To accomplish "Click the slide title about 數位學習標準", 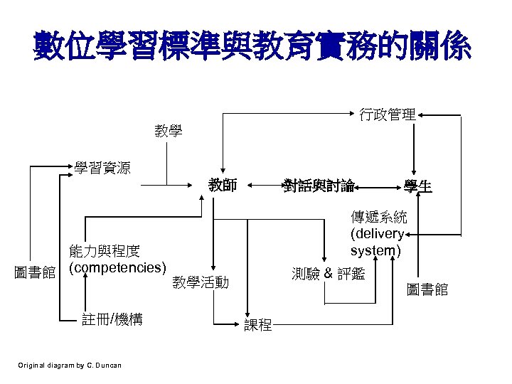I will tap(252, 47).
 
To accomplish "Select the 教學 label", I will tap(169, 131).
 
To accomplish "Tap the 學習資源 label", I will tap(102, 168).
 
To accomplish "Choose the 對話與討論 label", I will tap(319, 186).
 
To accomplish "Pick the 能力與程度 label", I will tap(104, 251).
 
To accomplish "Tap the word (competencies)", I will tap(117, 268).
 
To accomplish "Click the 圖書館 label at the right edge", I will tap(427, 289).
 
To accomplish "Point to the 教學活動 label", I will tap(201, 283).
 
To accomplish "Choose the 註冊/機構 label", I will tap(112, 320).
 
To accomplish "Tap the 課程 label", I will tap(257, 326).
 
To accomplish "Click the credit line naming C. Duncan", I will tap(70, 366).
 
